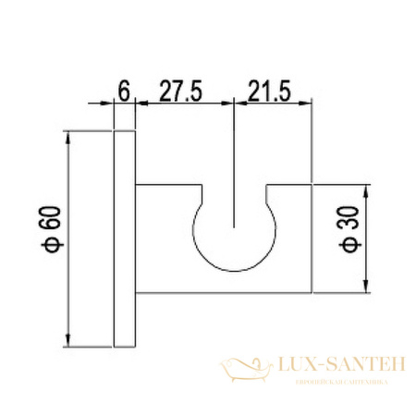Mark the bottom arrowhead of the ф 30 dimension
point(370,281)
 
